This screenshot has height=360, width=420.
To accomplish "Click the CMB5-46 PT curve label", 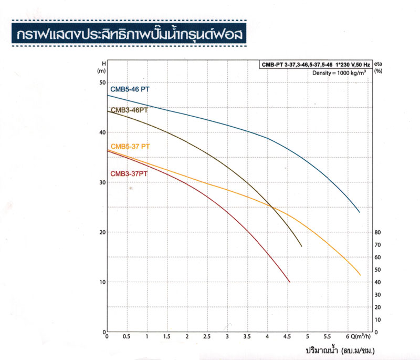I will [130, 89].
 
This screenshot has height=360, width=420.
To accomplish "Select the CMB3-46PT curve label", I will [129, 110].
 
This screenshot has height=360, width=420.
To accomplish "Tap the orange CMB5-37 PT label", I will [130, 147].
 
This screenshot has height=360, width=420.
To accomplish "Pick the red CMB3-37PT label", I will [129, 173].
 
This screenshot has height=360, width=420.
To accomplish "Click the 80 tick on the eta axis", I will [377, 232].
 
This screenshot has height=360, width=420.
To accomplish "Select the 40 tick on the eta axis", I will [377, 282].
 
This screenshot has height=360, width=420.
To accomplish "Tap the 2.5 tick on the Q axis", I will [207, 336].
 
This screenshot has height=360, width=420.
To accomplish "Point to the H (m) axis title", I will [102, 67].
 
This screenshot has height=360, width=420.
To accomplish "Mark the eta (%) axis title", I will [378, 67].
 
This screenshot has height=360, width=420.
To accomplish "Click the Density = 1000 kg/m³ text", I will [339, 73].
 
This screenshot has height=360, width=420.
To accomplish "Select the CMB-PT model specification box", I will [316, 65].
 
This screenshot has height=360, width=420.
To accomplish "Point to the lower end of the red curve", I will [289, 282].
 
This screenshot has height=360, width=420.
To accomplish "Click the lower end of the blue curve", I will [360, 212].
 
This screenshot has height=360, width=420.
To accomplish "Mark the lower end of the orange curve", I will [360, 275].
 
